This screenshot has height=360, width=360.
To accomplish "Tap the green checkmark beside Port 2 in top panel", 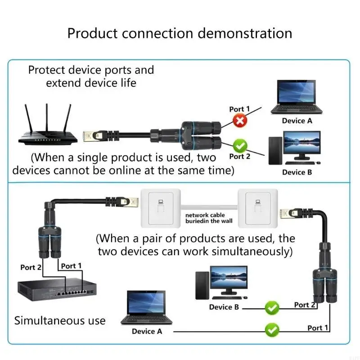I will tap(240, 145).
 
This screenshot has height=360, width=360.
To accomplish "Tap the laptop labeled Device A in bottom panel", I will tap(146, 308).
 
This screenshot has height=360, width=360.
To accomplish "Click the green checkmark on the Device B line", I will tap(272, 308).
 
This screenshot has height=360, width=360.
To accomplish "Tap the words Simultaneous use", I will tap(60, 321).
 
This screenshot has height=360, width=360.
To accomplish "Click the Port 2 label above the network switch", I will tap(31, 267).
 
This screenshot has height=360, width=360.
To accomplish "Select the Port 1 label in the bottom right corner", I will tap(318, 328).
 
